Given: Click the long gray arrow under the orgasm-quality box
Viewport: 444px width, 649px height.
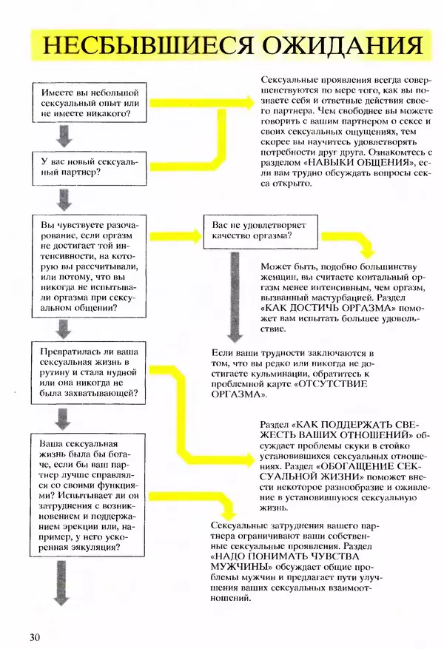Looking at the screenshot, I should [234, 295].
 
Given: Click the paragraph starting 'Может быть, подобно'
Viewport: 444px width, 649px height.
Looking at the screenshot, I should [340, 296].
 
